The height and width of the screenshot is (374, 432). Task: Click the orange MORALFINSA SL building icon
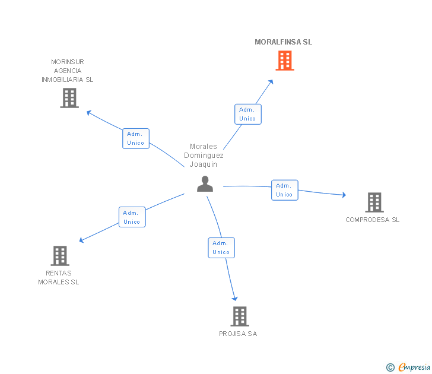pos(285,61)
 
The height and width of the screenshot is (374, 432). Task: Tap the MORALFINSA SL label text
pos(283,42)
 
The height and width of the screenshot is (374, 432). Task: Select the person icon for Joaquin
pos(205,184)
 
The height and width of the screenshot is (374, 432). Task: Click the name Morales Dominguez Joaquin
pos(204,156)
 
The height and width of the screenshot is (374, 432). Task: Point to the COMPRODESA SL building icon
pos(374,202)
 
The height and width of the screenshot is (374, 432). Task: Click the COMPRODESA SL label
pos(373,220)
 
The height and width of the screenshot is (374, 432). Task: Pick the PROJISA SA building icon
pos(240,316)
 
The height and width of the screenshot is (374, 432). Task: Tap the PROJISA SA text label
pos(238,334)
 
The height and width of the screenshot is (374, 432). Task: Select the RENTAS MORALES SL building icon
pos(60,256)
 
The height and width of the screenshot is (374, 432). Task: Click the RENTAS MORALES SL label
pos(58,278)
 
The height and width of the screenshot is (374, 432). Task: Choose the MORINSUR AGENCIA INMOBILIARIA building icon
pos(69,98)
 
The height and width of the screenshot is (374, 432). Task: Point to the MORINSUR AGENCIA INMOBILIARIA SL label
pos(68,71)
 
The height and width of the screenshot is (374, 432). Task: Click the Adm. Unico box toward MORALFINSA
pos(248,114)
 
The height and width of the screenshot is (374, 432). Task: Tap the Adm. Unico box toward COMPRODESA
pos(285,190)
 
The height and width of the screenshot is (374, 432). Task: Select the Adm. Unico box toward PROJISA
pos(221,248)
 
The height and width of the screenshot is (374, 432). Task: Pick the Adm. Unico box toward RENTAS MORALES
pos(132,217)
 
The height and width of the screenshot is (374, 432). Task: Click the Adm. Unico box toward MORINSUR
pos(136,138)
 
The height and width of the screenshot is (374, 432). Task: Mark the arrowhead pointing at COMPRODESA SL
pos(344,195)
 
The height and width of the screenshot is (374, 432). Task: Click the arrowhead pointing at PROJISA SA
pos(235,299)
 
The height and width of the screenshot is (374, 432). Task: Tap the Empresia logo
pos(408,367)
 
